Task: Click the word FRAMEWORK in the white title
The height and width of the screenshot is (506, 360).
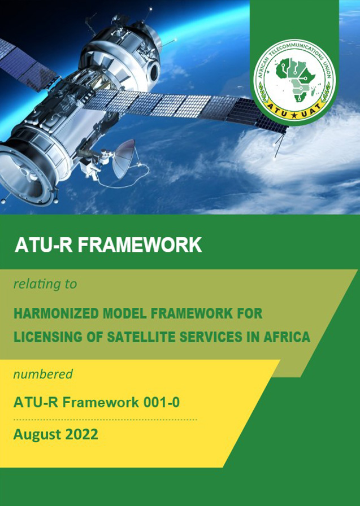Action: point(140,245)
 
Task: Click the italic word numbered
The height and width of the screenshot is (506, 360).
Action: point(43,374)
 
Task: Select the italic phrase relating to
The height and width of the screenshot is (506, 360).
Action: point(45,284)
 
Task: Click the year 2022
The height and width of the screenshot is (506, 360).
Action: point(81,434)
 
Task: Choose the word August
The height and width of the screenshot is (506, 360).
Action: point(37,435)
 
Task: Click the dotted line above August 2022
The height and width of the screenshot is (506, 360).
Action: point(105,420)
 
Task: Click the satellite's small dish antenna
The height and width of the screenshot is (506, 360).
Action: point(124,159)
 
